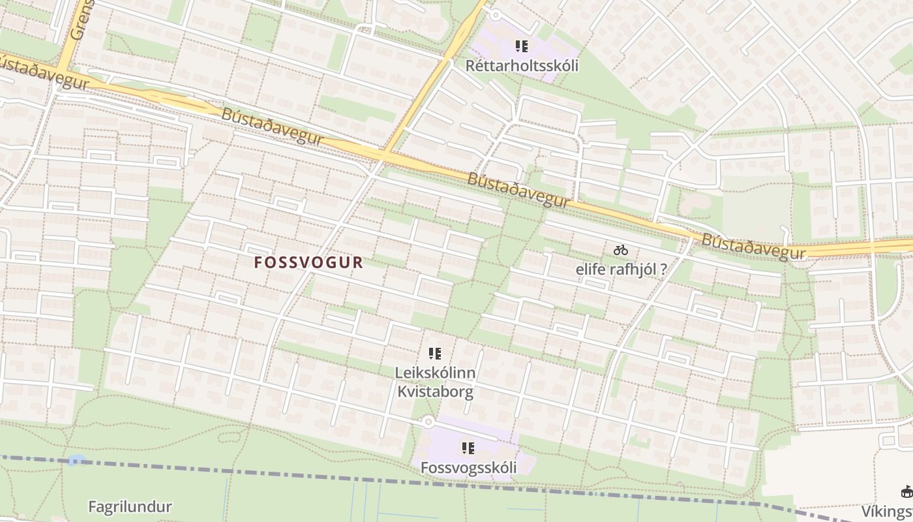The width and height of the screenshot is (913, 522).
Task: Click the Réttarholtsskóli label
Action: [x=522, y=66]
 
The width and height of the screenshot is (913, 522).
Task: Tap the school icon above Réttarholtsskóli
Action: [x=522, y=46]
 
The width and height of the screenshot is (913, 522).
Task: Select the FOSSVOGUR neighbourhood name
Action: [x=308, y=262]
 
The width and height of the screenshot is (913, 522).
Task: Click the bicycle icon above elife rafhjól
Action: [x=620, y=250]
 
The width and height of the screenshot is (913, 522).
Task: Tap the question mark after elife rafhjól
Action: [x=663, y=269]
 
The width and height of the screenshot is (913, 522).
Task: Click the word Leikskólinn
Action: [x=436, y=373]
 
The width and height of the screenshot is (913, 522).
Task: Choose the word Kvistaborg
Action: [x=436, y=392]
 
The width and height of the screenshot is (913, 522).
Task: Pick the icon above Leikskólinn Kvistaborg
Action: [x=435, y=354]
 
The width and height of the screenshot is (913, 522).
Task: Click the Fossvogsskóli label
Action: [x=468, y=468]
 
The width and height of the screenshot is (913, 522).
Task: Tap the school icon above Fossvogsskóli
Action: [x=468, y=448]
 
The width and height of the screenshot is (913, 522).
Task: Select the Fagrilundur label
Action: [x=130, y=506]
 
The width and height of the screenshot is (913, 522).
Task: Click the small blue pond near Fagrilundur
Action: [x=76, y=460]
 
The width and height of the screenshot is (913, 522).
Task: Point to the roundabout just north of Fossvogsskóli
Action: [x=427, y=422]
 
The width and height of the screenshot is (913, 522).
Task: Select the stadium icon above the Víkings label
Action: [x=906, y=492]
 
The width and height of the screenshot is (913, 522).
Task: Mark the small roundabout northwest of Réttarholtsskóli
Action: [x=495, y=14]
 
